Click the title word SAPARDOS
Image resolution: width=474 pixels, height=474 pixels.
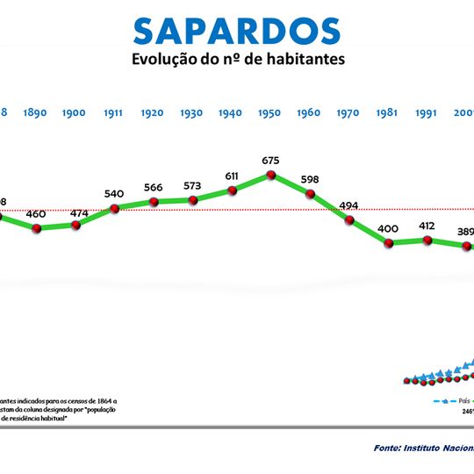pyautogui.click(x=236, y=30)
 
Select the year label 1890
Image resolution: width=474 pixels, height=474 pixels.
pyautogui.click(x=36, y=113)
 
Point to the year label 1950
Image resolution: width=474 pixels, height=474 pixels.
pyautogui.click(x=270, y=113)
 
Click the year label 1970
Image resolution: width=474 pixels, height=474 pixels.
pyautogui.click(x=348, y=113)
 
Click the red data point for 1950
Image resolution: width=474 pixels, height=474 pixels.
pyautogui.click(x=270, y=176)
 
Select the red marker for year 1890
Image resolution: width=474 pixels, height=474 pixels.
pyautogui.click(x=36, y=228)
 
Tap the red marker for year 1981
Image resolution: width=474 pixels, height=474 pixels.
pyautogui.click(x=388, y=241)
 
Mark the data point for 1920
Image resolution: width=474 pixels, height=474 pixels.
pyautogui.click(x=154, y=202)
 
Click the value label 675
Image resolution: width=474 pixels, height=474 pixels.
pyautogui.click(x=270, y=161)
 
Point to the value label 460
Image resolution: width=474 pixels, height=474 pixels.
pyautogui.click(x=36, y=214)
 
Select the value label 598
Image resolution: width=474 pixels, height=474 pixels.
pyautogui.click(x=309, y=179)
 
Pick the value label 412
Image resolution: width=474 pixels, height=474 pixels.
pyautogui.click(x=427, y=226)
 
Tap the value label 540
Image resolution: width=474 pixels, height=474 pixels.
pyautogui.click(x=114, y=194)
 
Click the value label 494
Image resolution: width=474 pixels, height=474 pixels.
pyautogui.click(x=348, y=206)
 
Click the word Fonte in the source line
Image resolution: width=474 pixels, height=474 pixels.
pyautogui.click(x=389, y=447)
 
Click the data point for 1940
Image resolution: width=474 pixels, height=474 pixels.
pyautogui.click(x=232, y=190)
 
